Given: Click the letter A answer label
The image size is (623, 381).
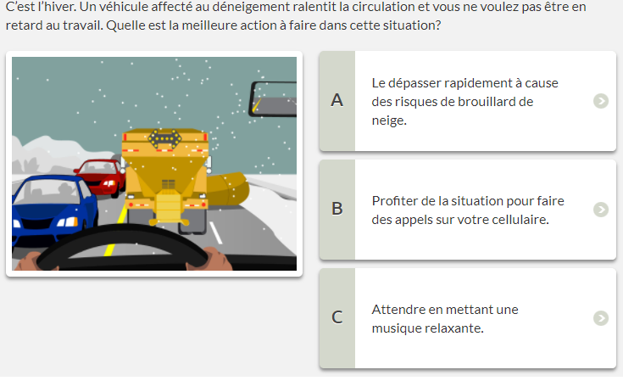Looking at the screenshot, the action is [x=337, y=100].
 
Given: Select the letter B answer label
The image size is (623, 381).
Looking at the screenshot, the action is [x=337, y=209].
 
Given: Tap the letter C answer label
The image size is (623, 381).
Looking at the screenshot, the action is [x=337, y=317].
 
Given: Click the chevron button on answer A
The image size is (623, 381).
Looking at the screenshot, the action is [x=601, y=101].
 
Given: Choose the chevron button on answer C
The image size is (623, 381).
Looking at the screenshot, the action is [x=601, y=318].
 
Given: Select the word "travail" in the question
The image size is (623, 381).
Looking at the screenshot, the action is [x=82, y=25].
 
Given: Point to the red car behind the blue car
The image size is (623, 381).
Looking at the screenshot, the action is [x=100, y=178].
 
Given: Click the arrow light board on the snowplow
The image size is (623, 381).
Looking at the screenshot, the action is [x=164, y=139].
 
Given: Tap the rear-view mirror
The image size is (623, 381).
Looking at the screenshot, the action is [x=273, y=99].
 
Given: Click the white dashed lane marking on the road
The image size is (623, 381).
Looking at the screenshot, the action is [x=216, y=233].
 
